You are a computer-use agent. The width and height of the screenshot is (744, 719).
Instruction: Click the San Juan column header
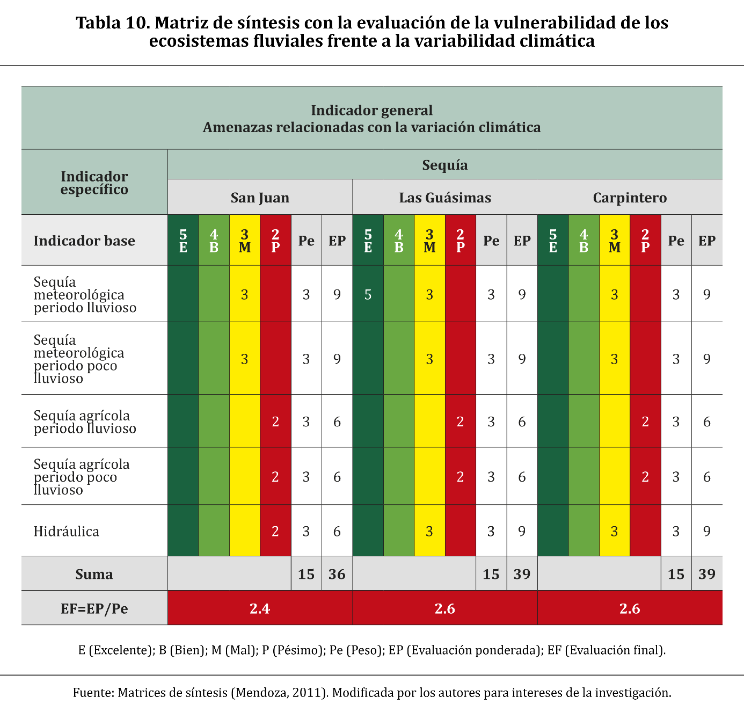tap(260, 198)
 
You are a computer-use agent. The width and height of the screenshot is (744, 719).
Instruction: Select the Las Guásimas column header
tap(445, 198)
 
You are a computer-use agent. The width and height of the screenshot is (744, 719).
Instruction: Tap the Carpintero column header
tap(630, 198)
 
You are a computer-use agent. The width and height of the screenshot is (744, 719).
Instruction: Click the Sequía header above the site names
tap(445, 165)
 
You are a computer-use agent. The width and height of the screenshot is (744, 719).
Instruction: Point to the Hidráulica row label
tap(67, 531)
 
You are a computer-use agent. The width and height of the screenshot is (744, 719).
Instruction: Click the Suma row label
tap(94, 574)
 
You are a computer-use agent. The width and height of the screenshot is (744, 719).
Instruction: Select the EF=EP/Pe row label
tap(94, 608)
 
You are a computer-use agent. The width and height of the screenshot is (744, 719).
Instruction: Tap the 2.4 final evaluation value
tap(260, 608)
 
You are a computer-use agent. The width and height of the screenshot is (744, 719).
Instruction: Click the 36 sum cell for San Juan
tap(337, 574)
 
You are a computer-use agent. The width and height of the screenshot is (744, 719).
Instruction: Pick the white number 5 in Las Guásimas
tap(368, 294)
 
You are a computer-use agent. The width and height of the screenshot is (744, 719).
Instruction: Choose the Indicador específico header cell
tap(94, 183)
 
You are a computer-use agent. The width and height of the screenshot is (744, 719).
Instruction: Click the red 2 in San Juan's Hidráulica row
tap(275, 531)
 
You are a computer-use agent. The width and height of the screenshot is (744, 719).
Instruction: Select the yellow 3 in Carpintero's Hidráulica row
tap(615, 531)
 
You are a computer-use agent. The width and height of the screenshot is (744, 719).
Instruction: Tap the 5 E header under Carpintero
tap(553, 241)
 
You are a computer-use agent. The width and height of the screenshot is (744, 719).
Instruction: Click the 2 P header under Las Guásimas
tap(461, 241)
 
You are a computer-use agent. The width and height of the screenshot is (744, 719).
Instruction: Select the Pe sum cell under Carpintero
tap(676, 574)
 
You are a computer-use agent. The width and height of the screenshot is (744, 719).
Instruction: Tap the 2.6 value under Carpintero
tap(630, 608)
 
